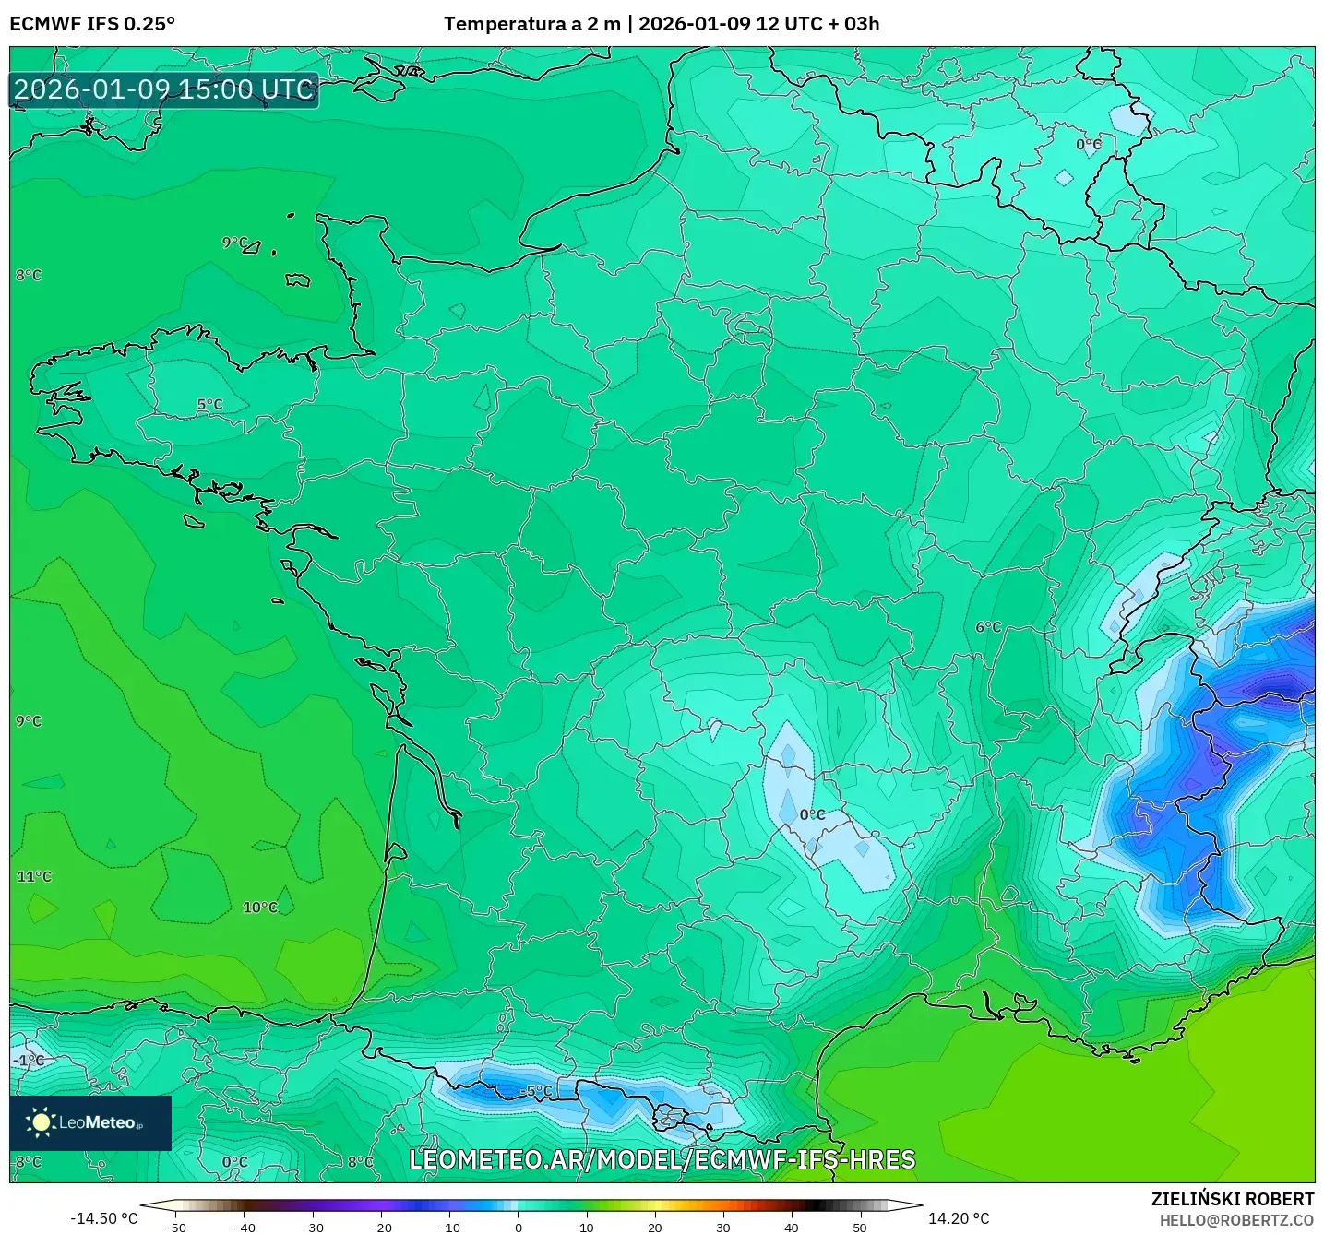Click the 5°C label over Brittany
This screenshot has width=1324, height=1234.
[209, 404]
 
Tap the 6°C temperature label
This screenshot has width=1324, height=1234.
[988, 627]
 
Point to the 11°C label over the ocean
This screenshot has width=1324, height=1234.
[34, 876]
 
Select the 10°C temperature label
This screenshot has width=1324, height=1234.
[260, 908]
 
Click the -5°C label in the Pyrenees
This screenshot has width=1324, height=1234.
[536, 1091]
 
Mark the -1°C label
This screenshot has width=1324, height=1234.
[29, 1061]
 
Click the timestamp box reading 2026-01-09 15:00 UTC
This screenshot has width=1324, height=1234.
[164, 89]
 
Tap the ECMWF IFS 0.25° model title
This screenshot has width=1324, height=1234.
[92, 24]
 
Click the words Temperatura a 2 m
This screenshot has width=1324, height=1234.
[532, 24]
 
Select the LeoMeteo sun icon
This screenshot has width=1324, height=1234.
[41, 1122]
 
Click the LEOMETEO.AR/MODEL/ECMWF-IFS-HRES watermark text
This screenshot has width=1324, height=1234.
[662, 1159]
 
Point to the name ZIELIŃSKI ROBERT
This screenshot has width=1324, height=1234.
[1232, 1199]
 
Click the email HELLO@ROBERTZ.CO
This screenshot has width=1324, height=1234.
[1236, 1220]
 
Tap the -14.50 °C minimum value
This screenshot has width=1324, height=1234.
[103, 1218]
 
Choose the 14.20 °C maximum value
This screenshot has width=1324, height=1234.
[959, 1218]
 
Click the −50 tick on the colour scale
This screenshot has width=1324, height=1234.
[174, 1227]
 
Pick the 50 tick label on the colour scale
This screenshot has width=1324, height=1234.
[860, 1227]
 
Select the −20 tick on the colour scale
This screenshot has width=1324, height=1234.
[380, 1227]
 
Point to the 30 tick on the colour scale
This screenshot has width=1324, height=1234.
[722, 1227]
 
